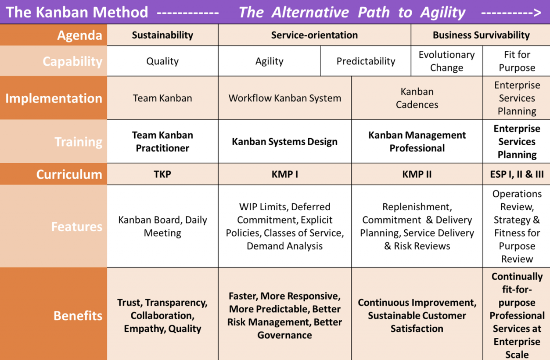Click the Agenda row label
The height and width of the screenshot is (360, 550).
click(79, 35)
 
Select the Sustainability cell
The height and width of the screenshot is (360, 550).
click(162, 35)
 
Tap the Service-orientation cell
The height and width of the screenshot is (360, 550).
click(314, 35)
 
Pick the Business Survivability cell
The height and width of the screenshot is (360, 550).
click(481, 35)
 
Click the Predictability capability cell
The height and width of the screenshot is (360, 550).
click(366, 61)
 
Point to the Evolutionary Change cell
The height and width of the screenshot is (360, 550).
click(446, 61)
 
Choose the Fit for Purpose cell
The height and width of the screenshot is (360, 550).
click(517, 61)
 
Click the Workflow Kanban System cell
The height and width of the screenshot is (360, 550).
click(285, 98)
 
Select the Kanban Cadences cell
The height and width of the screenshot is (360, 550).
click(417, 98)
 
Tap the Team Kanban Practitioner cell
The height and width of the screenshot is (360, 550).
click(162, 141)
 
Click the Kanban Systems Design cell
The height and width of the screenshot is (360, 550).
click(285, 141)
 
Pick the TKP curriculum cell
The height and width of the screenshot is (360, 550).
click(162, 174)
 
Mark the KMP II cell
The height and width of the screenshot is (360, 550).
click(417, 174)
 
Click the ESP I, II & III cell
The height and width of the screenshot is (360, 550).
click(517, 174)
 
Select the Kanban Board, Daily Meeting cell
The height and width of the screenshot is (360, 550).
click(162, 226)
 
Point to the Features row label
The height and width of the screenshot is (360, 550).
click(76, 227)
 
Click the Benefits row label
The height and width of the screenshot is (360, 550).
click(78, 316)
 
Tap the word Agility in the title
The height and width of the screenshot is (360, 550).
click(443, 13)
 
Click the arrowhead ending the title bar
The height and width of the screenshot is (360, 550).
click(537, 13)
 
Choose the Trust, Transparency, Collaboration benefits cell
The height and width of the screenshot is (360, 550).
click(162, 316)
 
